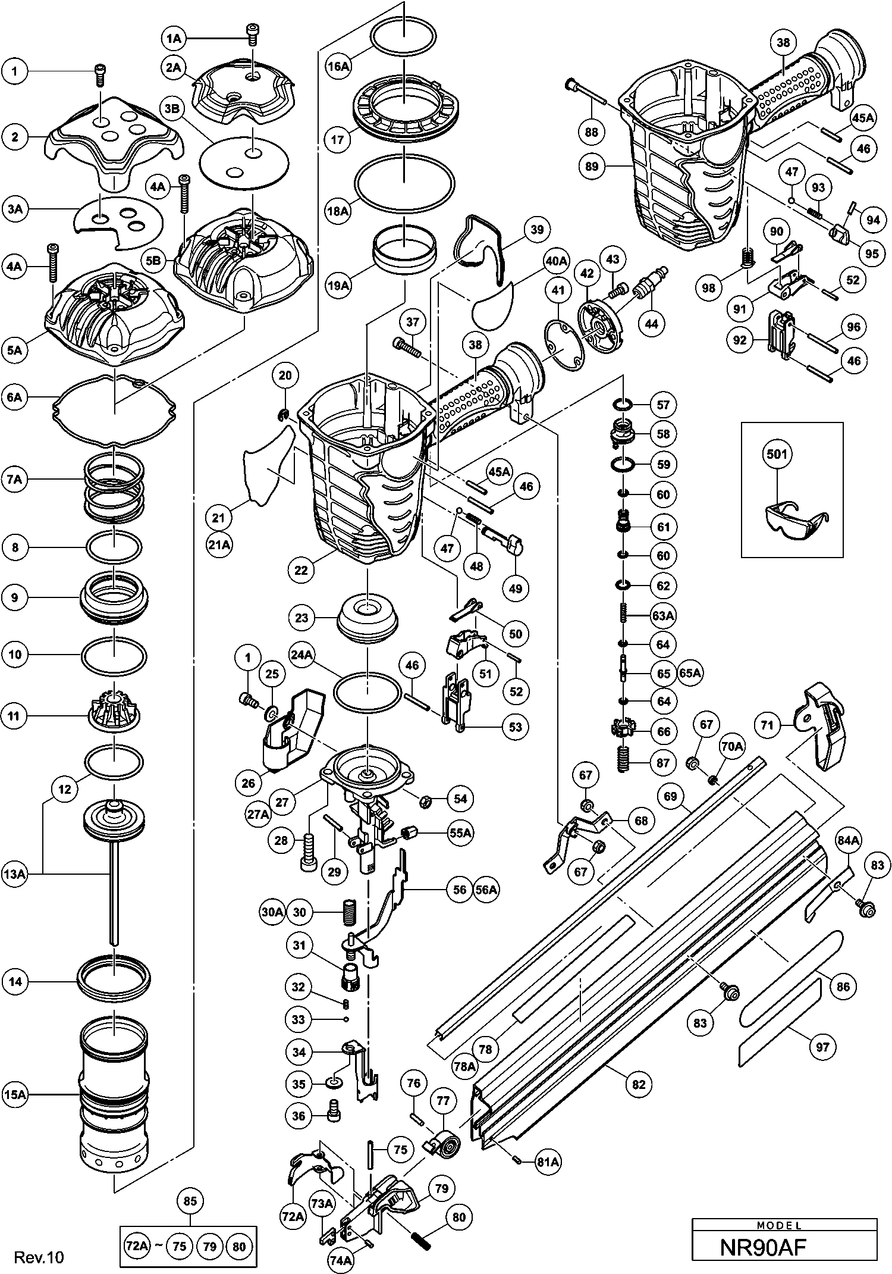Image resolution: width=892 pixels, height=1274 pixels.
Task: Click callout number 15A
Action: pos(15,1093)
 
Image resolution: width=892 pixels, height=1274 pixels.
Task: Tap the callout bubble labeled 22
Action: pos(301,569)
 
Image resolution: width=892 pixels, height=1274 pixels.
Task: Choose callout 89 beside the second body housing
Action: pos(592,167)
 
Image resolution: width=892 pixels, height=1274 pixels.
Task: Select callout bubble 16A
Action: pos(338,65)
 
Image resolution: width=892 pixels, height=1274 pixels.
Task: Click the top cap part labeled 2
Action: pos(113,146)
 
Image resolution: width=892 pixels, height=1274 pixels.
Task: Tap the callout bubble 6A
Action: pos(15,397)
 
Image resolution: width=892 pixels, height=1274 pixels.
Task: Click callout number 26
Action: pos(249,783)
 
